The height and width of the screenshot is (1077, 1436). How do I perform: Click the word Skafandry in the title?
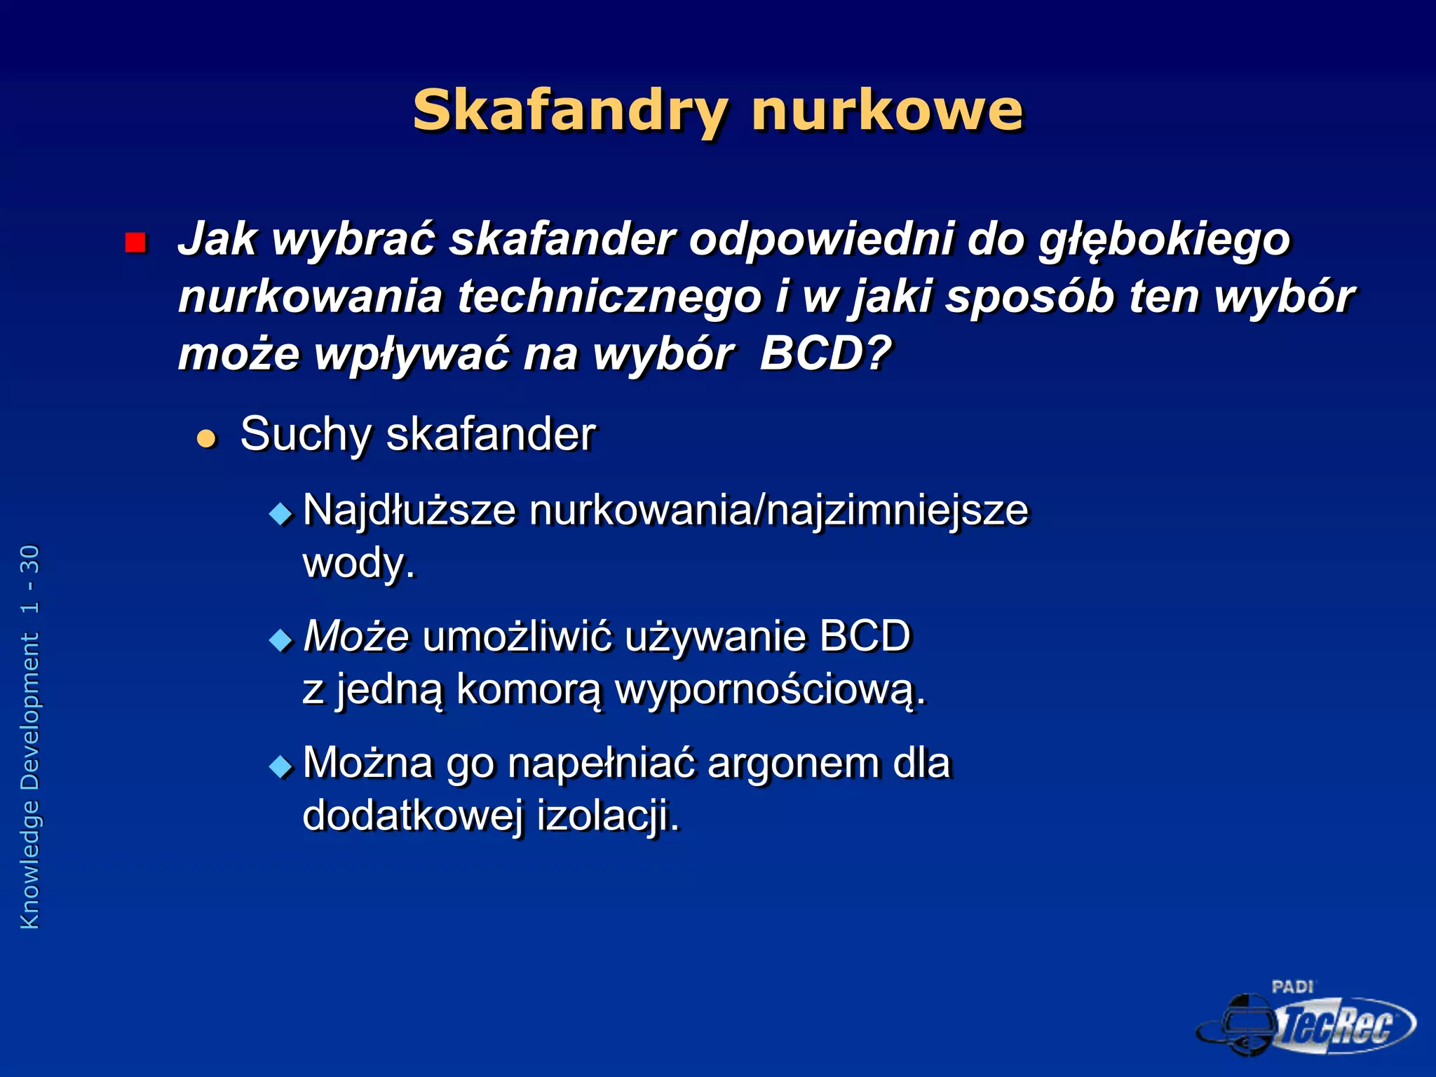570,111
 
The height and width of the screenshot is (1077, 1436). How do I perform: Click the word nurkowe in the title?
887,111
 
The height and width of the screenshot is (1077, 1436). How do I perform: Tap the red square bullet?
135,243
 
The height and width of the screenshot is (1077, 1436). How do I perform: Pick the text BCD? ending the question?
825,353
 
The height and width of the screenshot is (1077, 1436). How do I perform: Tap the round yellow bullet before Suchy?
206,439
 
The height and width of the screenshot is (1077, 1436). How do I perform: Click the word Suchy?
305,435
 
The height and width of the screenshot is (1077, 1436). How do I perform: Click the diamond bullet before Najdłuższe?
280,514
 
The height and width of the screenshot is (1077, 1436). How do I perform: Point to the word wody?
358,563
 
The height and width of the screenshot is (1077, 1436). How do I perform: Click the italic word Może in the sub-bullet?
356,637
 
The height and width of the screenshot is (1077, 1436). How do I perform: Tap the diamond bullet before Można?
280,766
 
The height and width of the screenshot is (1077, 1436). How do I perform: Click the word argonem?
793,763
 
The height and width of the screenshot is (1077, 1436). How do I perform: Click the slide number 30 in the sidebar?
30,560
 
